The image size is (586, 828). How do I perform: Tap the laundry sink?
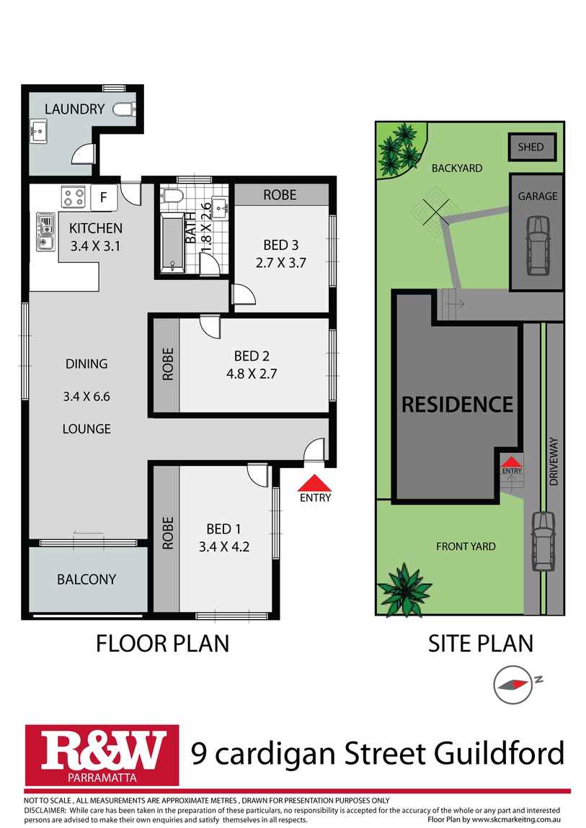pyautogui.click(x=38, y=131)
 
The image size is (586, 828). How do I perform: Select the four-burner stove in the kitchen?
pyautogui.click(x=74, y=197)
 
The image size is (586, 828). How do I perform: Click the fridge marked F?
pyautogui.click(x=104, y=197)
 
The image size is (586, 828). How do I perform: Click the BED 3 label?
pyautogui.click(x=281, y=245)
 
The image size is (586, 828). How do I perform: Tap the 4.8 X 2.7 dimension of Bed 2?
pyautogui.click(x=252, y=374)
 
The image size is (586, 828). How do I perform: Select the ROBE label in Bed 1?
pyautogui.click(x=167, y=534)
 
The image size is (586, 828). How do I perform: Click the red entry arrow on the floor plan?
pyautogui.click(x=315, y=483)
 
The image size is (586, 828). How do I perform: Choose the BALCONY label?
pyautogui.click(x=86, y=580)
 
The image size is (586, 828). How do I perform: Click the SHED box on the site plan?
pyautogui.click(x=532, y=147)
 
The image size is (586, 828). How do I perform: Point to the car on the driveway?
pyautogui.click(x=543, y=541)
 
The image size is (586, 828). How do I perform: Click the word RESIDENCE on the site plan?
pyautogui.click(x=457, y=405)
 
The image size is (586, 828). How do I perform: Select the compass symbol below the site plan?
pyautogui.click(x=512, y=685)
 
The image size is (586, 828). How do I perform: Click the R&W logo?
pyautogui.click(x=102, y=755)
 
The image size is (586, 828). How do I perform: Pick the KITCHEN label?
pyautogui.click(x=96, y=228)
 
